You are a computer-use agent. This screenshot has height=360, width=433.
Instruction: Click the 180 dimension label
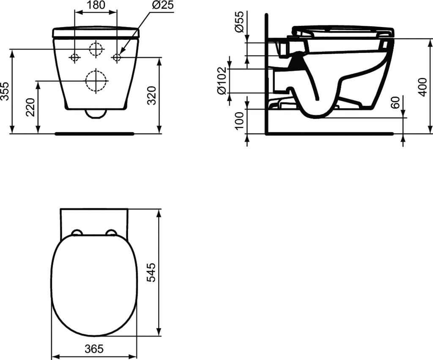pos(96,5)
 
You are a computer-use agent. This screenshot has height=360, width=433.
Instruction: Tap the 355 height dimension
pos(5,91)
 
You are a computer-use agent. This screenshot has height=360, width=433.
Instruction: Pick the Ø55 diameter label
pos(239,22)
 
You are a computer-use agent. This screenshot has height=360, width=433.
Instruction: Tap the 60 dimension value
pos(396,102)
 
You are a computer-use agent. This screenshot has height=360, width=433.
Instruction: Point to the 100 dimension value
pos(239,121)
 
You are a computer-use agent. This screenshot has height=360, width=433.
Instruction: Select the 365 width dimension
pos(94,349)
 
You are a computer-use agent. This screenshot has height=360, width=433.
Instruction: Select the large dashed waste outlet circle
pos(96,80)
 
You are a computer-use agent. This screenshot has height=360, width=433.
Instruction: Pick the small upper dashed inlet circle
pos(96,49)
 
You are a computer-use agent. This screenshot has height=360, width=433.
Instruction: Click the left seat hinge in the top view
pos(77,232)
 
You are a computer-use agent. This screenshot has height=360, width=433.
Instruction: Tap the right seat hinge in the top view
pos(111,232)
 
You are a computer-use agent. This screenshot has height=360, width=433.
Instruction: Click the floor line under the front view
pos(94,134)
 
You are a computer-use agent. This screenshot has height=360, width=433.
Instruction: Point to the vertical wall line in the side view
pos(266,72)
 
